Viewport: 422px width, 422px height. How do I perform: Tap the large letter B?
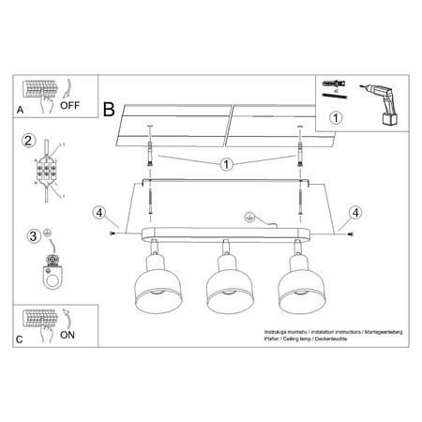pos(109,110)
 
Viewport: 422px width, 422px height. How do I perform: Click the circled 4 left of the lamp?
pos(99,213)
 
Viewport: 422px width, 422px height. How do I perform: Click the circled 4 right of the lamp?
pos(354,213)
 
